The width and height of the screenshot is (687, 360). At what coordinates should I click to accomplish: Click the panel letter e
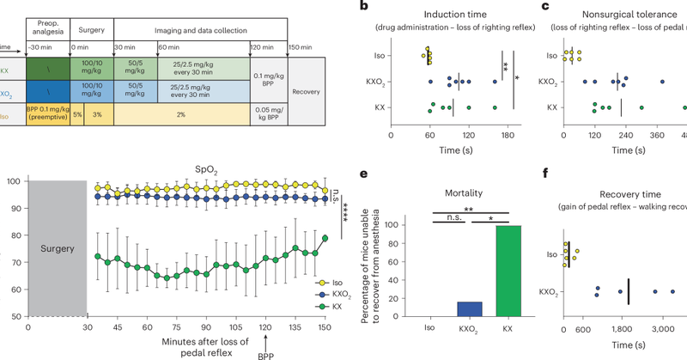366,174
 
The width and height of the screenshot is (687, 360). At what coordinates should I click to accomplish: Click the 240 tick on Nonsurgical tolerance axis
625,135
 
